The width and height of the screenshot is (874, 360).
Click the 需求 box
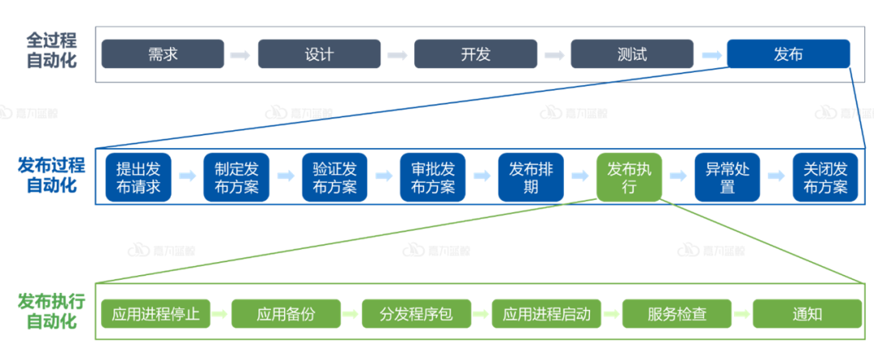click(163, 54)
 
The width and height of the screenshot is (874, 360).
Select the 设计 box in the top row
click(319, 54)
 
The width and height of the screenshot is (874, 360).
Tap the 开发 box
click(476, 54)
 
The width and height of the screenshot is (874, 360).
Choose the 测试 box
click(632, 54)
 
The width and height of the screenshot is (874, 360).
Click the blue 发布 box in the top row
click(788, 54)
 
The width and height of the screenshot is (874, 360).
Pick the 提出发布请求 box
click(138, 178)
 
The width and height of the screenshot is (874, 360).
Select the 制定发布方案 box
click(236, 178)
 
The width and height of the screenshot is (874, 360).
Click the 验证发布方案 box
click(334, 178)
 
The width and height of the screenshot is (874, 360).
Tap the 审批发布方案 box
click(433, 178)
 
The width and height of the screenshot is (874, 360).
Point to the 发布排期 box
click(531, 178)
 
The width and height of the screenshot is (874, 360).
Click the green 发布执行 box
click(629, 178)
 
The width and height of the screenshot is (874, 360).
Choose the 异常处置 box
click(727, 178)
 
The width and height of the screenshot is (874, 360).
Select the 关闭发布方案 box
click(825, 178)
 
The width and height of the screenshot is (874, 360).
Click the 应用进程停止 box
click(155, 314)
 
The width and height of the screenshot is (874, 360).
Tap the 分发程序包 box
click(416, 314)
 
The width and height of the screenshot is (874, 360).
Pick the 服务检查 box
click(677, 314)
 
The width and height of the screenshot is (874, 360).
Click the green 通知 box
click(807, 314)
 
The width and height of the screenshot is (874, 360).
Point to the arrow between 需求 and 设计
click(240, 55)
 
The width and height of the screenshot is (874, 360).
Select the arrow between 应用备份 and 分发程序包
click(351, 314)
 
